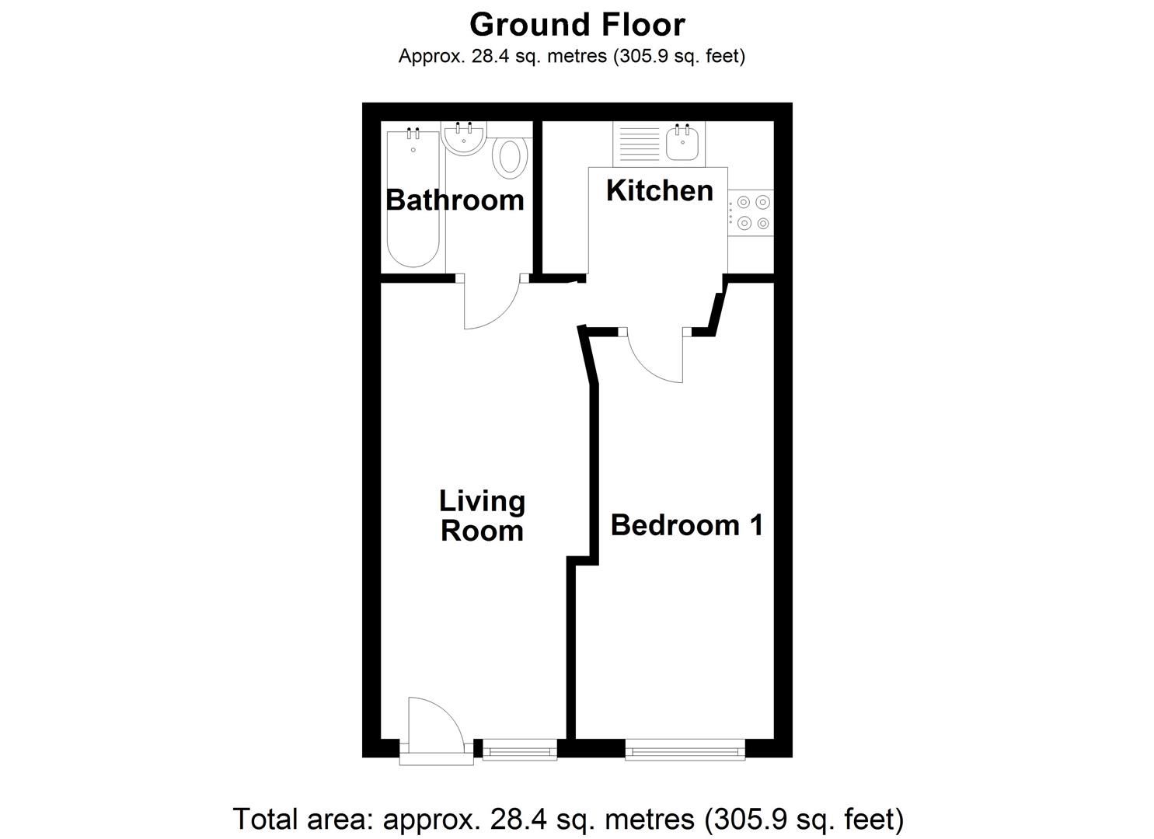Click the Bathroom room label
tap(455, 200)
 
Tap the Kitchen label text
tap(659, 190)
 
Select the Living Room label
tap(482, 516)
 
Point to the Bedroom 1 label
tap(687, 525)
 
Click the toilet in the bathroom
tap(510, 156)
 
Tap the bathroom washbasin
tap(465, 140)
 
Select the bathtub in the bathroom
tap(413, 202)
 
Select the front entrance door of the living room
tap(435, 734)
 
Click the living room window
tap(519, 750)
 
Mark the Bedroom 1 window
tap(685, 750)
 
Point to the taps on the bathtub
tap(413, 134)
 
